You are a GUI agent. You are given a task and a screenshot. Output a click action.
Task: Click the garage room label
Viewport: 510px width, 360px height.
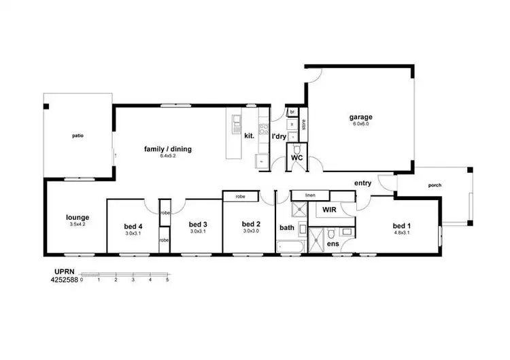pyautogui.click(x=361, y=117)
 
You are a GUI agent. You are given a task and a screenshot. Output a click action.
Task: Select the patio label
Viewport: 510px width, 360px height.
pyautogui.click(x=78, y=135)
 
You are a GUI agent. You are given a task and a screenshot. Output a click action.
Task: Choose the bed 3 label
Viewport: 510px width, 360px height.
pyautogui.click(x=197, y=224)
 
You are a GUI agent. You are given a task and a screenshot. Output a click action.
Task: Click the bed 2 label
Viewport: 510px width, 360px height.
pyautogui.click(x=251, y=224)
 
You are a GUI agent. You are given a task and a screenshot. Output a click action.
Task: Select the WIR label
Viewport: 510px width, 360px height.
pyautogui.click(x=330, y=210)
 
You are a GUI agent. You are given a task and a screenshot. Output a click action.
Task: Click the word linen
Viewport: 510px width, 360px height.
pyautogui.click(x=310, y=195)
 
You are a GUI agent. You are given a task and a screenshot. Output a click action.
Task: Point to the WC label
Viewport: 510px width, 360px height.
pyautogui.click(x=296, y=157)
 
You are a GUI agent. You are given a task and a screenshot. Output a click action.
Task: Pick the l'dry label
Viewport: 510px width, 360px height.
pyautogui.click(x=279, y=136)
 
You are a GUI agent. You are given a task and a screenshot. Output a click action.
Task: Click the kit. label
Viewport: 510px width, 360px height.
pyautogui.click(x=249, y=136)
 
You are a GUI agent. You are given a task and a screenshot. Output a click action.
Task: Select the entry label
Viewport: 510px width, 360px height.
pyautogui.click(x=362, y=183)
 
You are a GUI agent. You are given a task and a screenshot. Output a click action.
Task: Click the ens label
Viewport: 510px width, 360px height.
pyautogui.click(x=333, y=243)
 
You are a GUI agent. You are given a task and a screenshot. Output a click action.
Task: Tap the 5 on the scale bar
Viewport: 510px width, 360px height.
pyautogui.click(x=167, y=280)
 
